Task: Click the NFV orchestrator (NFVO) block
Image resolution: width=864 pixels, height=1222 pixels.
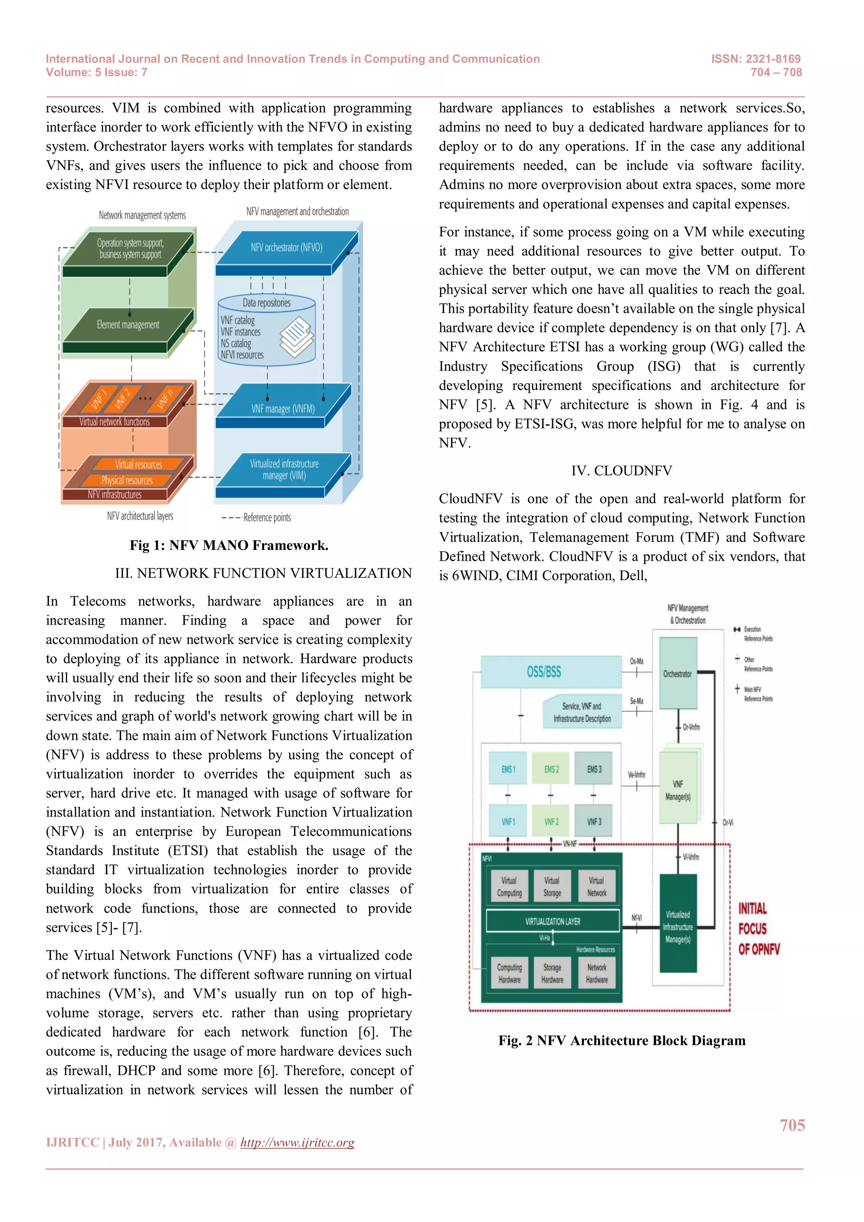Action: point(286,248)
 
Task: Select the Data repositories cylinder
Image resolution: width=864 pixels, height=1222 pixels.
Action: point(267,330)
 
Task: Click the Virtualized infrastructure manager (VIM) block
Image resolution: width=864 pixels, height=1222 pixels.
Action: point(284,470)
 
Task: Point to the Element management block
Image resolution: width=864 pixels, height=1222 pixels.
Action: point(128,324)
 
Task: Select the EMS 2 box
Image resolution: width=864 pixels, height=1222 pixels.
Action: point(551,769)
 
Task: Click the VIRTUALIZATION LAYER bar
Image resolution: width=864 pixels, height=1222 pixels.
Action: point(553,921)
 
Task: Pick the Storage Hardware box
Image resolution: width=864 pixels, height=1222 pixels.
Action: point(552,973)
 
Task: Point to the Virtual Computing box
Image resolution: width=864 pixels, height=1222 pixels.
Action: point(509,887)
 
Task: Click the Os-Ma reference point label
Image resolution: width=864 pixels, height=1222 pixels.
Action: point(636,661)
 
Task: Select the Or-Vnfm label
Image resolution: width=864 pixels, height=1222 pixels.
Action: point(691,727)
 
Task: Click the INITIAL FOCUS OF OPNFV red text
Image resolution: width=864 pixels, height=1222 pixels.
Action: point(758,929)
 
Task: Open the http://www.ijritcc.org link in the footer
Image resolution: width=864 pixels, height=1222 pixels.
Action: point(297,1143)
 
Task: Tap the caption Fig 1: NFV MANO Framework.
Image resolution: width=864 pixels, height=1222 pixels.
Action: point(229,546)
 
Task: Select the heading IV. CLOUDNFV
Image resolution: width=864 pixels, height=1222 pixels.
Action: point(621,471)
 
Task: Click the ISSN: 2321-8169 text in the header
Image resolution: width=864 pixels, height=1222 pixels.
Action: point(756,59)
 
